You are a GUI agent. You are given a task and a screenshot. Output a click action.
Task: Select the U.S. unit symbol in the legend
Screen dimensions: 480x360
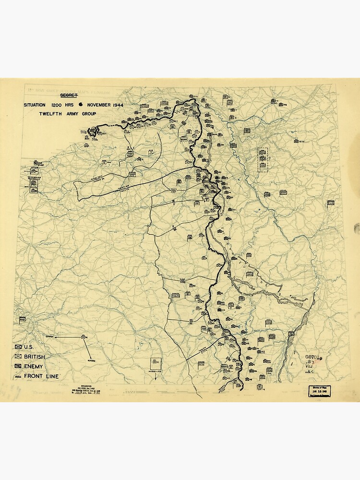pyautogui.click(x=19, y=347)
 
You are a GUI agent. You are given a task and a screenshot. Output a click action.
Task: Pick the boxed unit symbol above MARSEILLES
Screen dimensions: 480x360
pyautogui.click(x=156, y=363)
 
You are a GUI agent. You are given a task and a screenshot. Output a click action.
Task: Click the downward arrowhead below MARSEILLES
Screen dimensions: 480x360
pyautogui.click(x=156, y=379)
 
